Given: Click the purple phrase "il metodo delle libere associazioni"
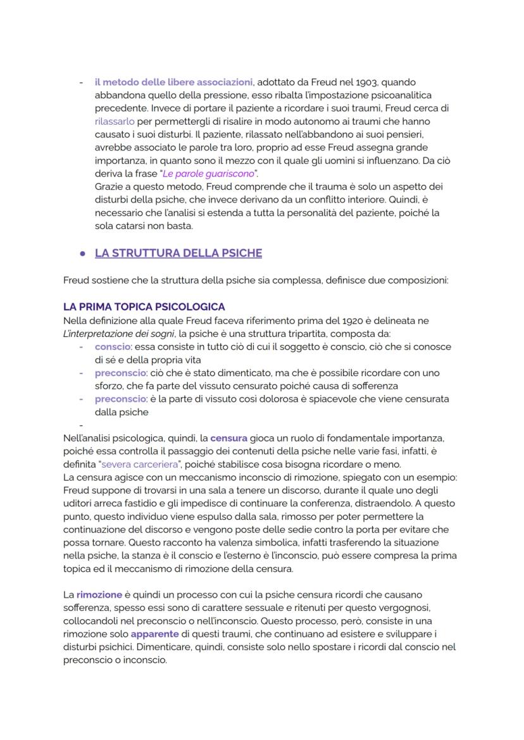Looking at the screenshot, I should [173, 82].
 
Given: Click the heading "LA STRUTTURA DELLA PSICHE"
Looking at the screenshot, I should [178, 253].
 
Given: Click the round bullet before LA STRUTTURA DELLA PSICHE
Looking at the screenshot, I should [82, 253].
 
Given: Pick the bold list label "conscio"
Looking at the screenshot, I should [113, 347].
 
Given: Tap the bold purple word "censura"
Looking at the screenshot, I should [229, 437].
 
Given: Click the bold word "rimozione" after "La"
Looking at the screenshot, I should [99, 595].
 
